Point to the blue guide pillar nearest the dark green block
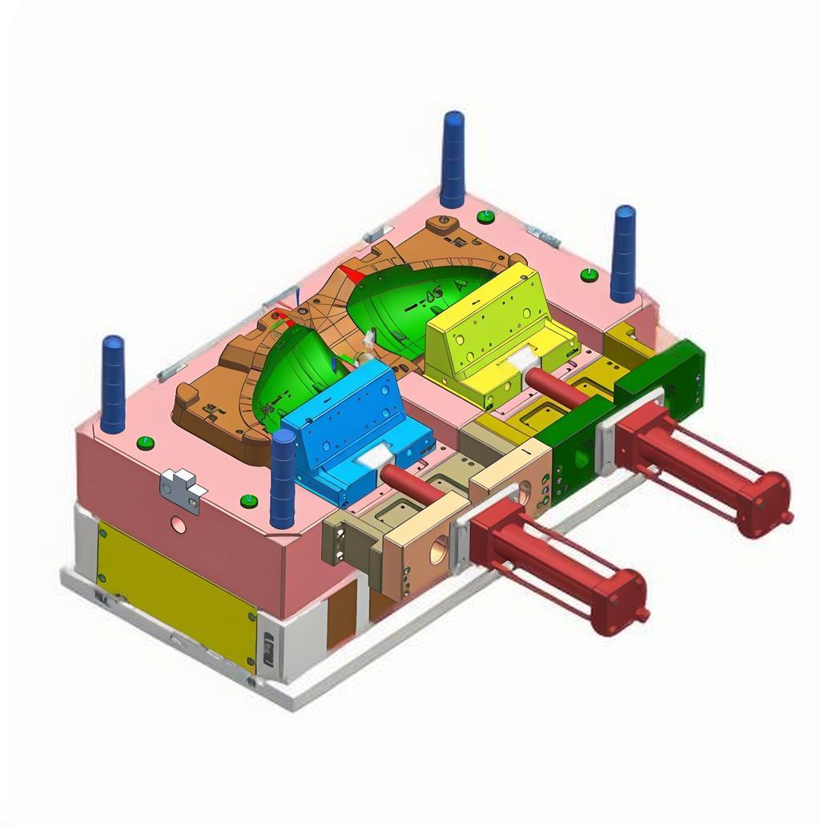tap(623, 253)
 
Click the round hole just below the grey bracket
tap(179, 524)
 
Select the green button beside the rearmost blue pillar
tap(485, 216)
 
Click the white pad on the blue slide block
tap(372, 456)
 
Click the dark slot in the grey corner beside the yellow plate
tap(268, 645)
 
